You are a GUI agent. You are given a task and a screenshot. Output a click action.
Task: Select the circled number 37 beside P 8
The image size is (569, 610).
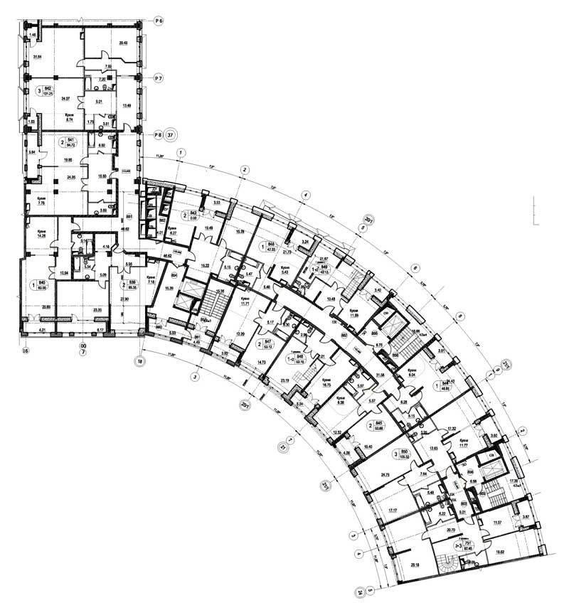(172, 133)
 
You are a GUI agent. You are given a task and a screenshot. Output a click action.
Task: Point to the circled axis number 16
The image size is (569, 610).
(25, 351)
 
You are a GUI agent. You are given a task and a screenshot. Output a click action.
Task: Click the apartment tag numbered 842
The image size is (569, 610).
(48, 90)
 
